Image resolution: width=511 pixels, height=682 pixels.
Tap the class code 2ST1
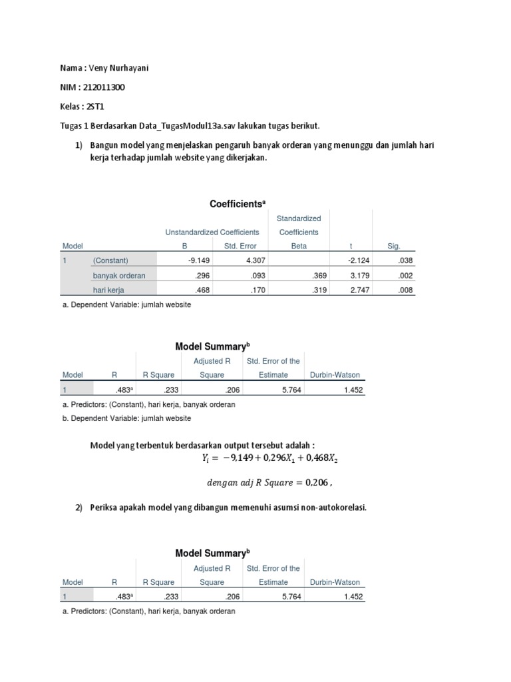pos(94,107)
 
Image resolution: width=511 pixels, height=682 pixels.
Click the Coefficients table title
pos(238,204)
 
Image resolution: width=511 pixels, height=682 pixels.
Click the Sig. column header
pos(395,246)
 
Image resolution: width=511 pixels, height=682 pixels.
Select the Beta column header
pos(299,246)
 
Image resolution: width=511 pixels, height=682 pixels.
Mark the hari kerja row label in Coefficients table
pos(108,290)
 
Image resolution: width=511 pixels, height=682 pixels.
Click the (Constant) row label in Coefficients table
pos(110,260)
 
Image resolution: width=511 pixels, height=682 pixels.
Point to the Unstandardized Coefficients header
pos(212,232)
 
